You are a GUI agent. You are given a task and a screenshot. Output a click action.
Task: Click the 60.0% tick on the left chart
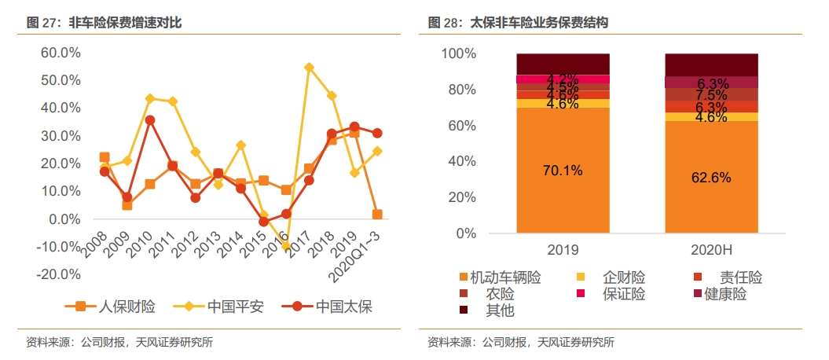61,53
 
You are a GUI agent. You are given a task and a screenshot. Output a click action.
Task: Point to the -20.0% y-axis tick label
59,274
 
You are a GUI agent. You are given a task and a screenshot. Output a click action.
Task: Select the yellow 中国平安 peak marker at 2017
309,68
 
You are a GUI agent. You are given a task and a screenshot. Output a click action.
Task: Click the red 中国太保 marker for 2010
149,120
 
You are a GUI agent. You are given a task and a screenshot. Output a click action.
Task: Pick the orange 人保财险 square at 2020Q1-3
377,215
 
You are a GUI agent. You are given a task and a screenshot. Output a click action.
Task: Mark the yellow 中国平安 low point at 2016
286,246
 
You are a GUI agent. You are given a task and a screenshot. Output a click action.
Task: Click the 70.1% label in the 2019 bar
563,171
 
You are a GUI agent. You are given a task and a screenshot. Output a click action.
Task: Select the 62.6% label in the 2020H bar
711,178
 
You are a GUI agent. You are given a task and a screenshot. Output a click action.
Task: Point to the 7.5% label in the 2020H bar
712,95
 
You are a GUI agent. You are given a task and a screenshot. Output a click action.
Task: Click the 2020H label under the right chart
711,250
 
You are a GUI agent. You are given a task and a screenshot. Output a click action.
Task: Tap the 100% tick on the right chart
459,54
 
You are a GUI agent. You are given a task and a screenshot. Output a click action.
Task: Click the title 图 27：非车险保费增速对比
105,23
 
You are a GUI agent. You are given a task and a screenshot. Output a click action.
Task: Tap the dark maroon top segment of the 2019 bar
563,64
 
